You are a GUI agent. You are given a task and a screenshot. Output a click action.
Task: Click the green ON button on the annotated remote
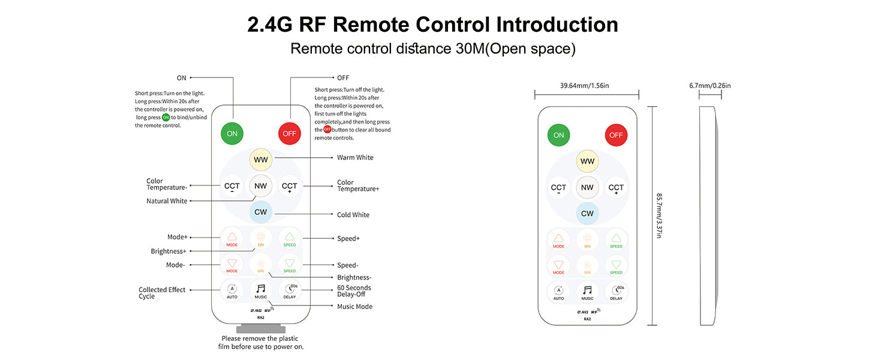231,133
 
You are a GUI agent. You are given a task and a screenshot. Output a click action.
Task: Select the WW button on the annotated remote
261,160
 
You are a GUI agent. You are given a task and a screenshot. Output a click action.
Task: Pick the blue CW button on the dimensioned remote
587,214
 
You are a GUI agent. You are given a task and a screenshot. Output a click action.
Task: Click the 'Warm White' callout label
355,158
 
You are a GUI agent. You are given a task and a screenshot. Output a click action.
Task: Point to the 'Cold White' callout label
353,215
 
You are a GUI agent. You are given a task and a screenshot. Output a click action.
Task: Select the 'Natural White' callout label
167,201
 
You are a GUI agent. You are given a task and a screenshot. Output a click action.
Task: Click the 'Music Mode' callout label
354,307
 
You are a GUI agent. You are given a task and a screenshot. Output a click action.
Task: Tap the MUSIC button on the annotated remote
261,290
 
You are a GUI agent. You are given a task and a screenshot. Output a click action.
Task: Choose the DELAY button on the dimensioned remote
616,292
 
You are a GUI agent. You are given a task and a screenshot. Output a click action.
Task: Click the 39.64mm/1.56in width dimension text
585,86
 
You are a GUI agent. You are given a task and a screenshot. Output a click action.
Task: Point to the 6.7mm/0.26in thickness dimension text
710,86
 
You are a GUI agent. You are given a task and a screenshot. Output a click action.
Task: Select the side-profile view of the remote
709,216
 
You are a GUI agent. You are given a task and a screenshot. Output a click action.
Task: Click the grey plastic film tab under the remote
260,329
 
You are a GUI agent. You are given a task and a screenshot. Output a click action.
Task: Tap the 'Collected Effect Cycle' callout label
162,293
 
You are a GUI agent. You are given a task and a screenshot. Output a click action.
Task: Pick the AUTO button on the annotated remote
232,290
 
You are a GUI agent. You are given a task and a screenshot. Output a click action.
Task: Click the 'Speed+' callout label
348,238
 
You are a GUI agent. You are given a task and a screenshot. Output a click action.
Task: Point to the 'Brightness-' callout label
354,277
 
